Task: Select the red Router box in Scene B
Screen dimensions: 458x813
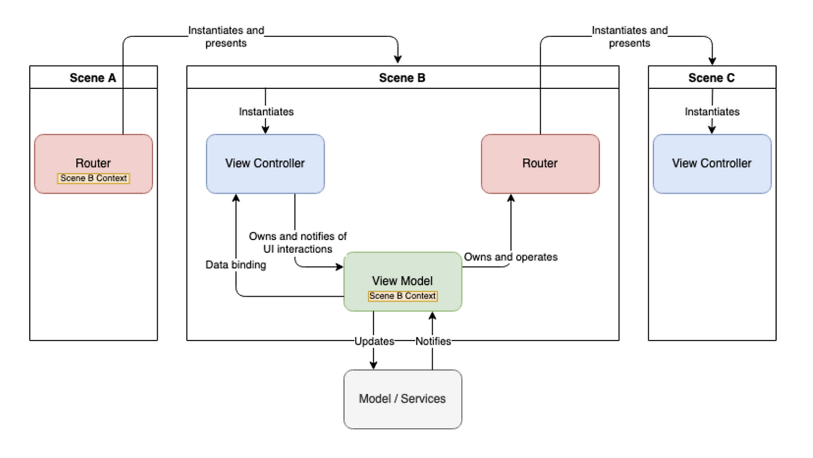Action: click(x=540, y=163)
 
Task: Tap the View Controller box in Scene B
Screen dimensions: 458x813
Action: click(x=265, y=163)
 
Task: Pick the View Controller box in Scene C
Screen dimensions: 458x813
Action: click(x=711, y=163)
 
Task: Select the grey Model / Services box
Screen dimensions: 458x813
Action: click(x=402, y=399)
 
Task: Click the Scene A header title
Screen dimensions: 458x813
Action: click(x=93, y=78)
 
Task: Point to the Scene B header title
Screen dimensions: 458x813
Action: click(x=402, y=78)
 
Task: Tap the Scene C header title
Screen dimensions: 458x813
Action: click(x=711, y=78)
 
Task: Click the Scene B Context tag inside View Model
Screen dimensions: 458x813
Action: click(x=403, y=296)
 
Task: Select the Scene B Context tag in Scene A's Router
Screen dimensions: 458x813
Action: click(x=93, y=178)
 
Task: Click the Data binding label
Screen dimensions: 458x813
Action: click(x=236, y=265)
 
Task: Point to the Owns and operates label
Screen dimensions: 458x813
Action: click(x=511, y=257)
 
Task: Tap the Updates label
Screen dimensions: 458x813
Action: click(x=374, y=341)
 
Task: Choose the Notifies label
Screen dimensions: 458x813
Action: click(x=433, y=341)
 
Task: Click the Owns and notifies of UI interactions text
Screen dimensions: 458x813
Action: click(x=298, y=243)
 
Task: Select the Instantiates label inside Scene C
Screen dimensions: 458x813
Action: click(x=712, y=112)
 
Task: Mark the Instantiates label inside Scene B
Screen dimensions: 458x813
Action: click(x=266, y=112)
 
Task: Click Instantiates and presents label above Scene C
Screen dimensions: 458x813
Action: click(x=629, y=37)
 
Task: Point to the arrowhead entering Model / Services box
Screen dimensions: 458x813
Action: click(x=373, y=365)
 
